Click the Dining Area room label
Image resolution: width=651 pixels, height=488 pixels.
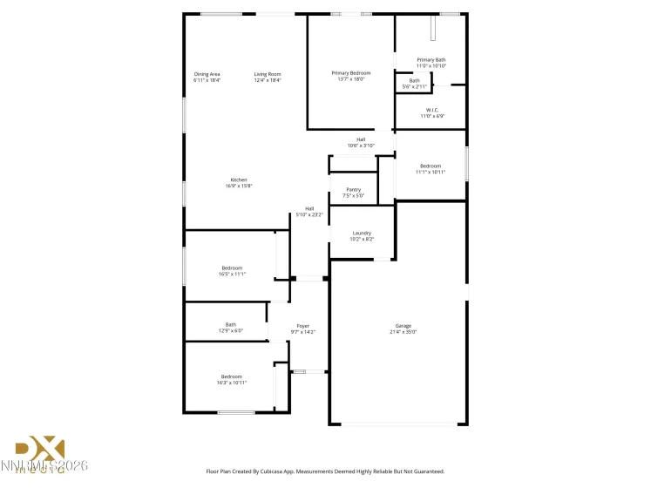[x=207, y=77]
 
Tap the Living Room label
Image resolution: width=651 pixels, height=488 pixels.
[x=268, y=77]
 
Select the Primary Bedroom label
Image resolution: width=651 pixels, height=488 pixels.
[x=350, y=76]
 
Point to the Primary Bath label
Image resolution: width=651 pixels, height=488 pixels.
[x=431, y=63]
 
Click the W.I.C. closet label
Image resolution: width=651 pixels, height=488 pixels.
[x=431, y=113]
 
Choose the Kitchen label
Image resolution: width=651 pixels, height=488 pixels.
[x=239, y=183]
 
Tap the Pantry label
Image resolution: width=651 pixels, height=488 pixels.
[x=353, y=193]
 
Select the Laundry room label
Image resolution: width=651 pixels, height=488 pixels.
[x=362, y=236]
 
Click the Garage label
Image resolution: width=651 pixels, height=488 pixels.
[x=404, y=329]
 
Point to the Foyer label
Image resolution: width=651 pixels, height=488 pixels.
[x=302, y=329]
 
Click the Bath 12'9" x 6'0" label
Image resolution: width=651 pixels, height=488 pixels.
[x=230, y=328]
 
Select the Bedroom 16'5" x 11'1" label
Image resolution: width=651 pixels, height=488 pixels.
[x=232, y=271]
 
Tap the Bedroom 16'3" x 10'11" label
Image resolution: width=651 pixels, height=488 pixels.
[x=231, y=379]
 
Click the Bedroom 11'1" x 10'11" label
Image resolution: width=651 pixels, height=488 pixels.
[x=431, y=169]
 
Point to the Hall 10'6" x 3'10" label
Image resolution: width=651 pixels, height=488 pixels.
[x=361, y=142]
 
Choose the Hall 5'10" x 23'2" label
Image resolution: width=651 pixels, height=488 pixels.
[x=309, y=211]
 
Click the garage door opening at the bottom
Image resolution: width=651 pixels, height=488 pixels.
[x=398, y=424]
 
